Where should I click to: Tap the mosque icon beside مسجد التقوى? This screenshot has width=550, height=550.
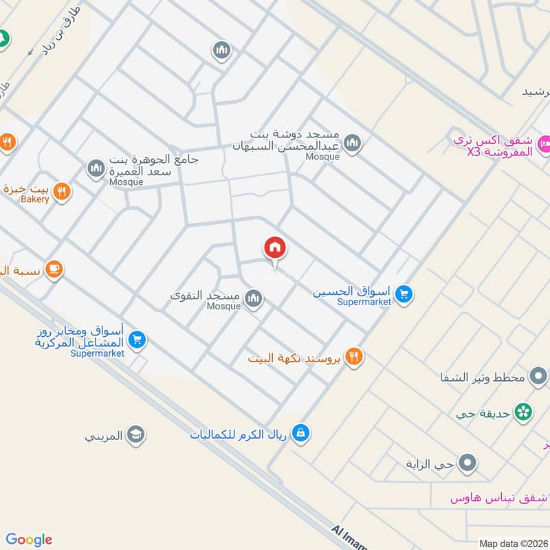click(x=253, y=298)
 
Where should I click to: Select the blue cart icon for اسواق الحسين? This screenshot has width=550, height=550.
click(x=404, y=294)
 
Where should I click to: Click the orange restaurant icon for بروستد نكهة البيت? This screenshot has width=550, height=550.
click(x=354, y=356)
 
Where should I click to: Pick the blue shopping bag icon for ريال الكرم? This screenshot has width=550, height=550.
click(x=300, y=433)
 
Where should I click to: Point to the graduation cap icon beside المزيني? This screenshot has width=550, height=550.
click(x=136, y=434)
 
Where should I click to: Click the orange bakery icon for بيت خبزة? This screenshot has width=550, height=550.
click(x=62, y=192)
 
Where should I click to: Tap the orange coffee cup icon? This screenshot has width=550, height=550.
click(x=54, y=270)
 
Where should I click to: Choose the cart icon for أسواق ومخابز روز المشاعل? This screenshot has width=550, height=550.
click(x=137, y=340)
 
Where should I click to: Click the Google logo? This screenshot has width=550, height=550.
click(x=29, y=540)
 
